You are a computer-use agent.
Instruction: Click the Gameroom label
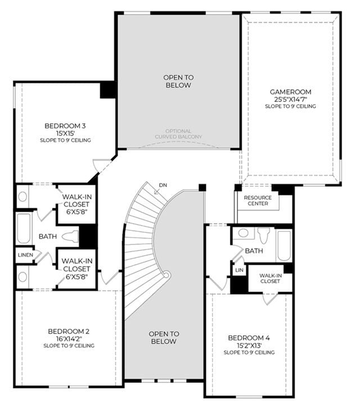290,92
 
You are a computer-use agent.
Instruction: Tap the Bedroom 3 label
65,126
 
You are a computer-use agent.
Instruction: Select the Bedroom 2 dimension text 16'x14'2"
69,339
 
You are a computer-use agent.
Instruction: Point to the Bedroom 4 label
249,338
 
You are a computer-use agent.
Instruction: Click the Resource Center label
258,200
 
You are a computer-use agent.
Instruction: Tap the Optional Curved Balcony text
178,134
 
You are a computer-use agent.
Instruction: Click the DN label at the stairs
163,185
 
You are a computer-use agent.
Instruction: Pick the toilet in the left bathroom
70,236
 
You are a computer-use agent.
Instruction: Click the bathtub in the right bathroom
283,245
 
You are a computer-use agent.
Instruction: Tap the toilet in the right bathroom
263,235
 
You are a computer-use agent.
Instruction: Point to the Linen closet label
25,255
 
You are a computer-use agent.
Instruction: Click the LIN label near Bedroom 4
239,270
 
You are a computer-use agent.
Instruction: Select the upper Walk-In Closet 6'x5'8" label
76,204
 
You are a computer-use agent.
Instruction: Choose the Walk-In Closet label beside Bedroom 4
270,278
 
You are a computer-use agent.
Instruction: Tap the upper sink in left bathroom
22,196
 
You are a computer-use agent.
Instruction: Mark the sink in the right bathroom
243,232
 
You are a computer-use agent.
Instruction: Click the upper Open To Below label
178,81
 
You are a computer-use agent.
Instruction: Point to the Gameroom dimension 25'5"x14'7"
290,99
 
